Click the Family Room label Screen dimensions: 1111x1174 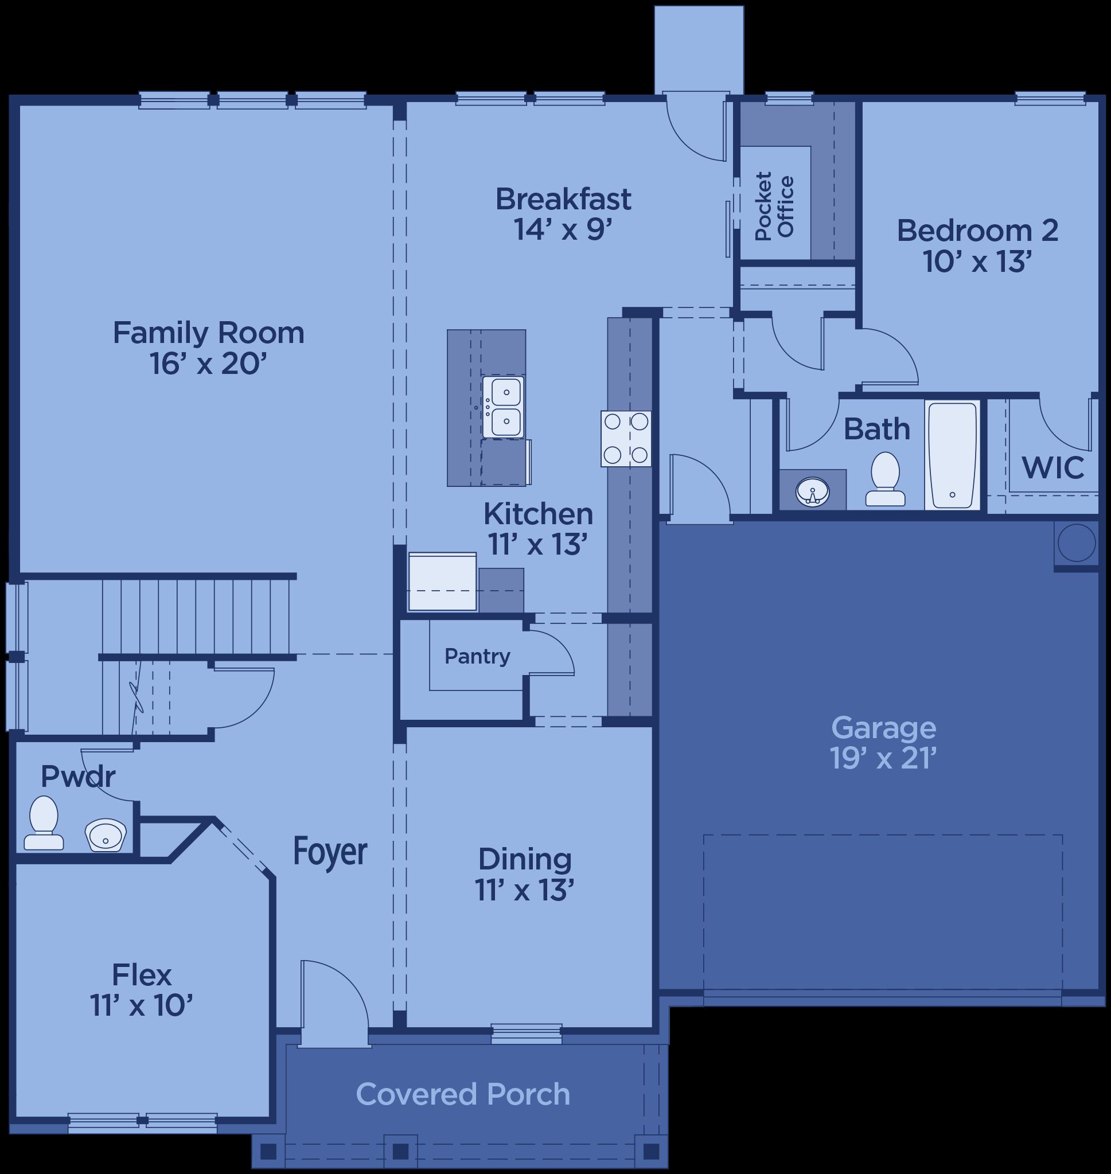pyautogui.click(x=208, y=333)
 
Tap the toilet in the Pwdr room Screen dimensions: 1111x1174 pyautogui.click(x=43, y=823)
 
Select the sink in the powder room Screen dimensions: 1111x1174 pyautogui.click(x=106, y=836)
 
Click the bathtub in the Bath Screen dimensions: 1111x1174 pyautogui.click(x=952, y=455)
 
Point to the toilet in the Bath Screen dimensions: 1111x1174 pyautogui.click(x=886, y=479)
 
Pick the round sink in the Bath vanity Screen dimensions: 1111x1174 pyautogui.click(x=813, y=491)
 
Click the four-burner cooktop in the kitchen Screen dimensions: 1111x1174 pyautogui.click(x=626, y=438)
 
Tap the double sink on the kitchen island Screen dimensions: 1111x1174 pyautogui.click(x=502, y=407)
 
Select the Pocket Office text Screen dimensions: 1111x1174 pyautogui.click(x=774, y=206)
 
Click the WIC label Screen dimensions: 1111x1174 pyautogui.click(x=1053, y=467)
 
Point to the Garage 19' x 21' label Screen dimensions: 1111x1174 pyautogui.click(x=884, y=742)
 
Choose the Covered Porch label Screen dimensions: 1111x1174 pyautogui.click(x=463, y=1094)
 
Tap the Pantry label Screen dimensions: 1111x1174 pyautogui.click(x=477, y=657)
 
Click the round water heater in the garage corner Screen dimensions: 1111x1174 pyautogui.click(x=1077, y=543)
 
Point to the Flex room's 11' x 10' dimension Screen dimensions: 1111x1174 pyautogui.click(x=142, y=1004)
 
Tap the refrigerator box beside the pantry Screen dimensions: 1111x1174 pyautogui.click(x=442, y=582)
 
